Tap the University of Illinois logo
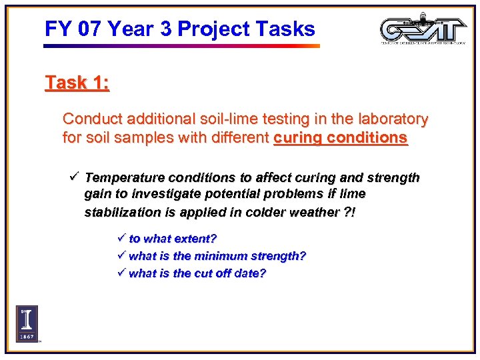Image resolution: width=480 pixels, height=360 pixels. (27, 323)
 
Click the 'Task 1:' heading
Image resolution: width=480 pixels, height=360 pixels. (77, 83)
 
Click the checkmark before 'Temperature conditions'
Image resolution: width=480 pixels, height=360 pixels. (75, 177)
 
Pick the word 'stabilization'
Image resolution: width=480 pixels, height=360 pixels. (122, 213)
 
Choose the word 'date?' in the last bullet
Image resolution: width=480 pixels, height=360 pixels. (249, 274)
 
